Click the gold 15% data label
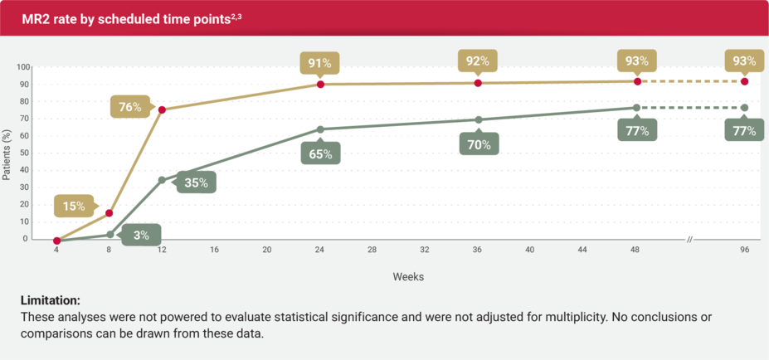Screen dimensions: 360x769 72,206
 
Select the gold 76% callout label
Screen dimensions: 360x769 129,107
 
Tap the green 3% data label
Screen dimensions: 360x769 141,235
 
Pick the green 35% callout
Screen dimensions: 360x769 196,182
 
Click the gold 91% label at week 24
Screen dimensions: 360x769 320,62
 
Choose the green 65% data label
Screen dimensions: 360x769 320,153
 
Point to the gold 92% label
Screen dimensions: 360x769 479,61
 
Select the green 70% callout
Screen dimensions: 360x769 479,144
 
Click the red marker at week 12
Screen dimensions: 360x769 162,110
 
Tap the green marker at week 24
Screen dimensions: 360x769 320,129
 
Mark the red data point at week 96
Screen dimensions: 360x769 744,81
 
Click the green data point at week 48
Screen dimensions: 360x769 636,108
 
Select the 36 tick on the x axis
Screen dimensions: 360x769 478,250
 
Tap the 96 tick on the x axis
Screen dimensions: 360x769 744,250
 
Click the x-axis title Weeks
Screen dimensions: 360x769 408,277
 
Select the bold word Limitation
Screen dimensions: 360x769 51,300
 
